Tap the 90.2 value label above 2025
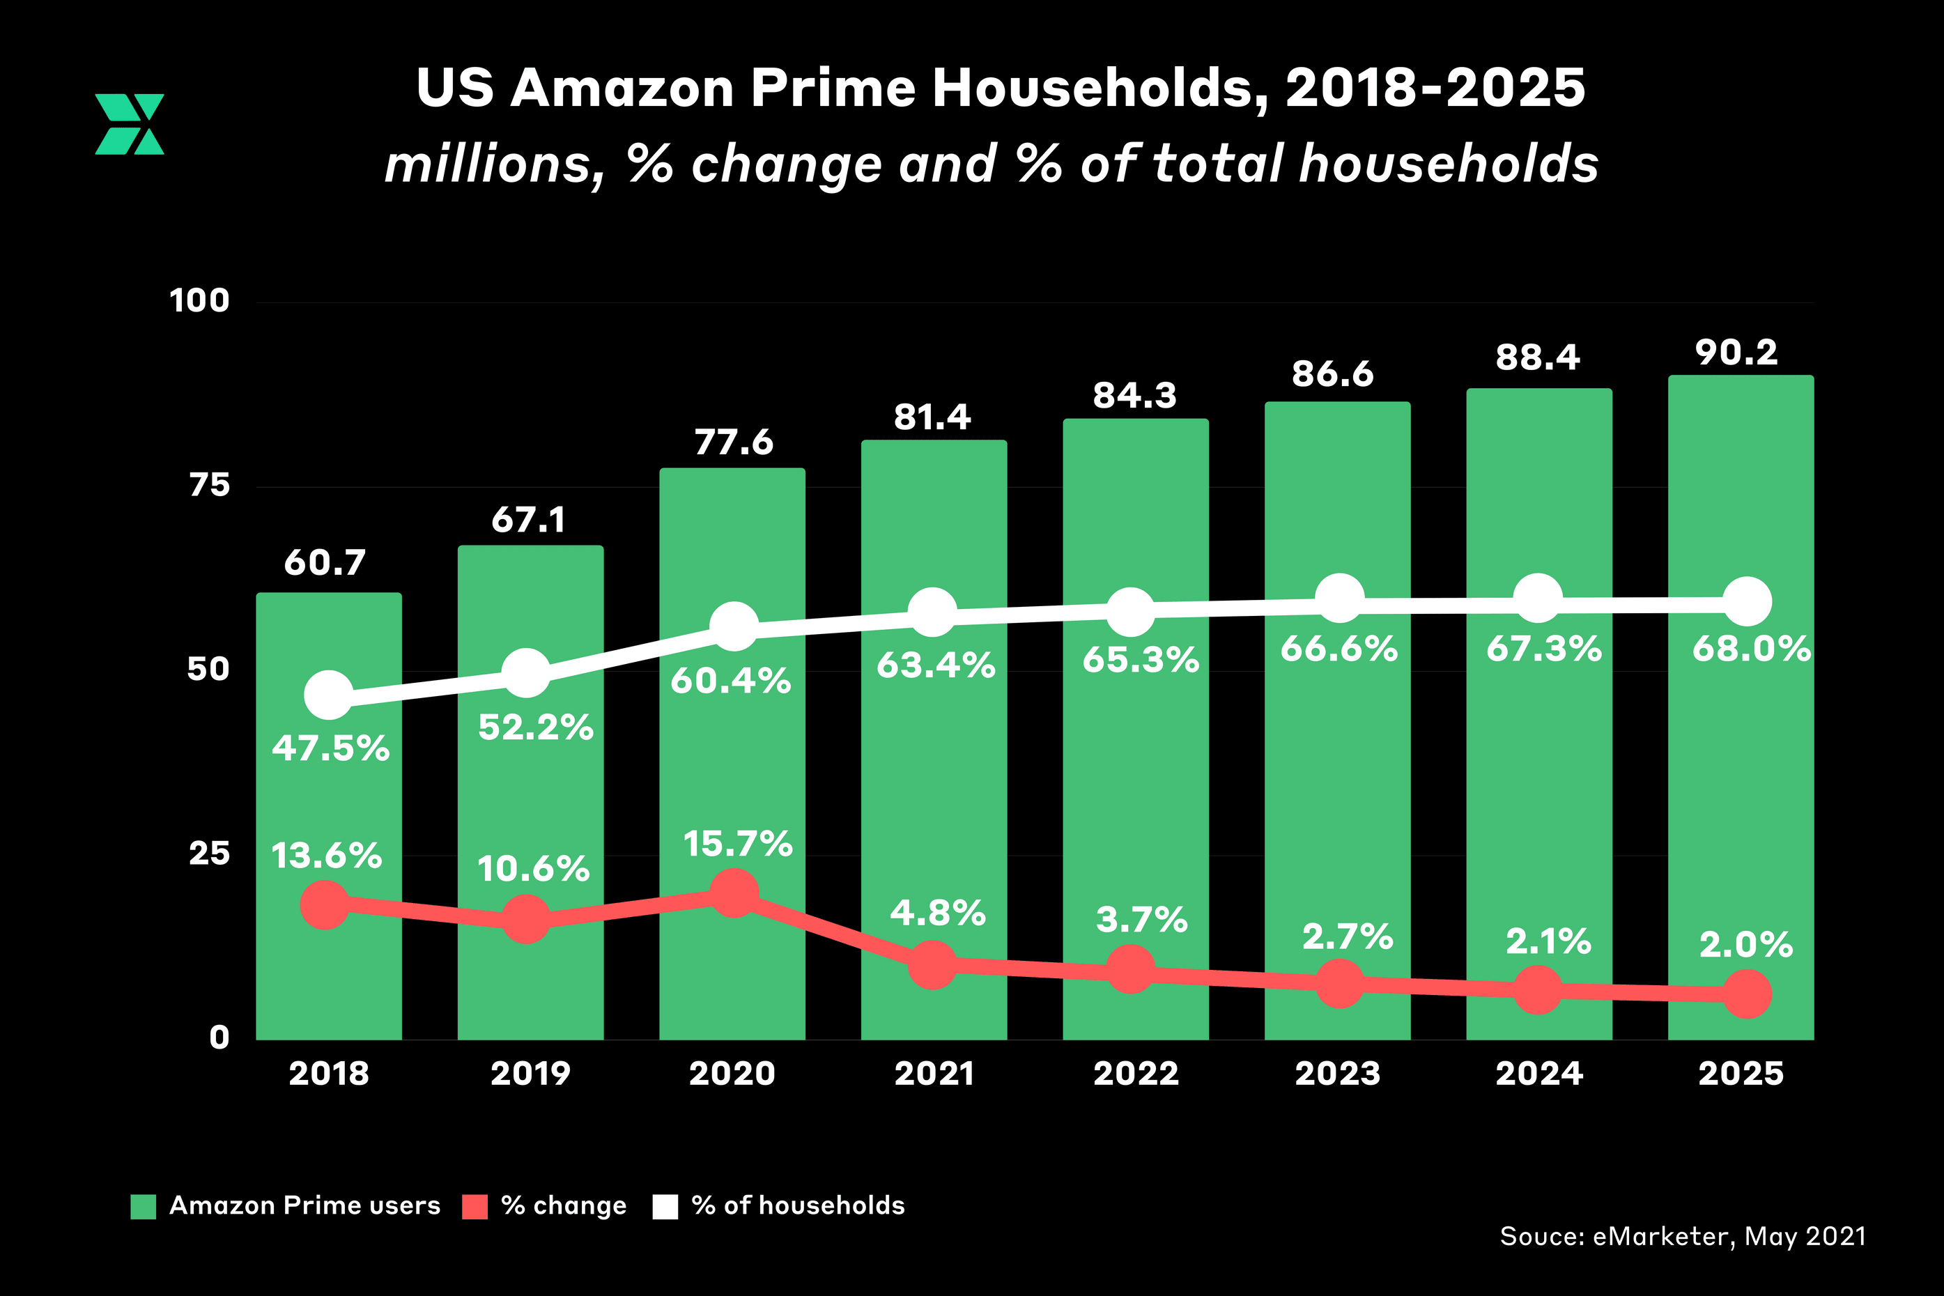1736,353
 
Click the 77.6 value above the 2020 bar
734,442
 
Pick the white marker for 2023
1339,598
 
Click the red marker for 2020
734,893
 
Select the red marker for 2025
1746,994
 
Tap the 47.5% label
330,748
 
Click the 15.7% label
738,844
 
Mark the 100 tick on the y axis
199,301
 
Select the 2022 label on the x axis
1136,1074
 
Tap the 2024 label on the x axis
1539,1074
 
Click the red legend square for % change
475,1206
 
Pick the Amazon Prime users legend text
305,1205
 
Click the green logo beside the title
130,124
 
